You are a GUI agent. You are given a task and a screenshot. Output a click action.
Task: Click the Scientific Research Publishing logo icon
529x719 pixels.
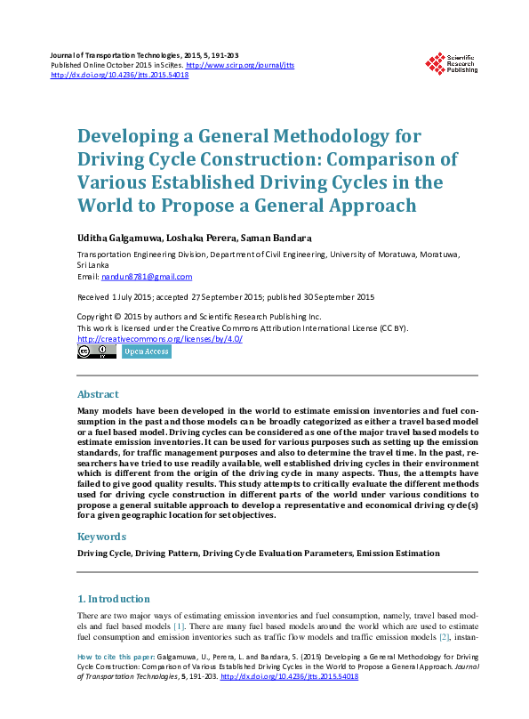coord(435,63)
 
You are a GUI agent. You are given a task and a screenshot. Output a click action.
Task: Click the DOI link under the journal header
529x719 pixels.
coord(120,76)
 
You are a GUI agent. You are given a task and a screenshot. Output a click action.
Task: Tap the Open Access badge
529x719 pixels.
coord(146,351)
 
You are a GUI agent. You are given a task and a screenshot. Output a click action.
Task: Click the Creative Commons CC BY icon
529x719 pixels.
coord(97,351)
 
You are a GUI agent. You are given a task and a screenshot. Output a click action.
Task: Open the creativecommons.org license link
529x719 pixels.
coord(160,338)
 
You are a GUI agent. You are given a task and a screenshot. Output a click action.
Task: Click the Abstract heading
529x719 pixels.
coord(98,394)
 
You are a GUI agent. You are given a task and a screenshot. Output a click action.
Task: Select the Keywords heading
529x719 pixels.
coord(101,537)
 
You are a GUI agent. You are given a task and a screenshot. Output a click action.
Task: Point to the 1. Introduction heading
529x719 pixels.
coord(114,599)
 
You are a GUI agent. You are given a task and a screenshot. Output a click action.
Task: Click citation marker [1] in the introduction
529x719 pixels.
coord(180,626)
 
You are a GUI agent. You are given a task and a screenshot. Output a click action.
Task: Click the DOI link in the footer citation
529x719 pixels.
coord(289,677)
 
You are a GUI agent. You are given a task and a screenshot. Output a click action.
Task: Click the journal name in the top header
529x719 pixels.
coord(116,56)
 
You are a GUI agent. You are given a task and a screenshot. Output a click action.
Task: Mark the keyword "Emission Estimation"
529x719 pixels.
coord(397,553)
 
